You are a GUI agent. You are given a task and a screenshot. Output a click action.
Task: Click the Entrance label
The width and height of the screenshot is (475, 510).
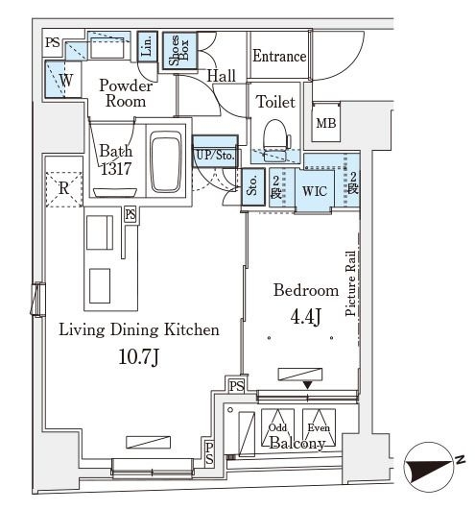279,56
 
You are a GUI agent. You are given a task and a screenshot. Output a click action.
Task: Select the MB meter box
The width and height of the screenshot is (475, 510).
326,122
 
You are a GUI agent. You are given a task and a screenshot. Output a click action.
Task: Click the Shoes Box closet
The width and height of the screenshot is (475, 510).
179,51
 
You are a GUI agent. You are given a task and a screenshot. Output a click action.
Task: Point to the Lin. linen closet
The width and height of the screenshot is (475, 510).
147,46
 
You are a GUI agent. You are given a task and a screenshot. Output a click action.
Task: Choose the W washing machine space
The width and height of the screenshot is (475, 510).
63,79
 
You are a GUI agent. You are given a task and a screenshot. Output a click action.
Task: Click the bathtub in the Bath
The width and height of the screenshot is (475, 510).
166,161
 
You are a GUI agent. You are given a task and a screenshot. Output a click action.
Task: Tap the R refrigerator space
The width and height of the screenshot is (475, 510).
63,189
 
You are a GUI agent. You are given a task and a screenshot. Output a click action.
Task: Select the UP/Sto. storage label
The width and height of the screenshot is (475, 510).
215,156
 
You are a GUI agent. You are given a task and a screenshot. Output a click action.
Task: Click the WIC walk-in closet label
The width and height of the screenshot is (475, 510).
315,191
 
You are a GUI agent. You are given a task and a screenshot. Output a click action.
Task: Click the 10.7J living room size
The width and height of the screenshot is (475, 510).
139,356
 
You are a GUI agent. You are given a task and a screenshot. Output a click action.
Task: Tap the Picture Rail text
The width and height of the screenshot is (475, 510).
350,283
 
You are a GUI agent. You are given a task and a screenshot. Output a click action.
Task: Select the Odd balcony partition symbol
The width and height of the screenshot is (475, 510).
277,427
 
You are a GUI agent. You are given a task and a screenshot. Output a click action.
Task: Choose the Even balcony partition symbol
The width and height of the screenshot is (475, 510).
319,427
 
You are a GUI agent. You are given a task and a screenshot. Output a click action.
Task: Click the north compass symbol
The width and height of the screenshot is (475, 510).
429,467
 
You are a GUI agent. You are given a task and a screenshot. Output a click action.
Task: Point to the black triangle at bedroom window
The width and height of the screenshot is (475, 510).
308,385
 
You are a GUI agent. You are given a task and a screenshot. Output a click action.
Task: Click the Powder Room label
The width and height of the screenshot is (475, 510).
126,93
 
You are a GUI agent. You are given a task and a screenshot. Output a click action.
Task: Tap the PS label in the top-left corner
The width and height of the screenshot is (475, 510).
53,42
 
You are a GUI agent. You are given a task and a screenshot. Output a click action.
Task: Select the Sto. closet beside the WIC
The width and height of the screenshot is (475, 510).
253,187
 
